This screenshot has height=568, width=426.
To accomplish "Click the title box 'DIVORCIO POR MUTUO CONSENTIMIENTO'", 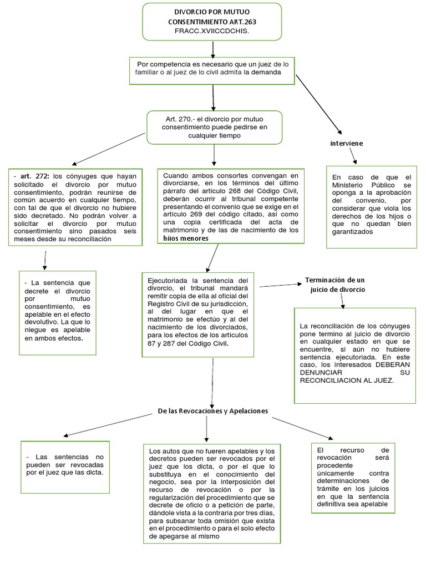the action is (212, 22).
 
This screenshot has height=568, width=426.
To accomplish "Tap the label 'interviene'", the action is (346, 144).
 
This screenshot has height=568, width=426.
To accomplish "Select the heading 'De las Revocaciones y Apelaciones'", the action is (213, 411).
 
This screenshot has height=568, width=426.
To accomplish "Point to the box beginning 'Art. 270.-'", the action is (215, 128).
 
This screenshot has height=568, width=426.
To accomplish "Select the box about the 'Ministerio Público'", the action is (372, 207).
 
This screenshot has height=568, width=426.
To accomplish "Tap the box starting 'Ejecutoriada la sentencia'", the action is (198, 315).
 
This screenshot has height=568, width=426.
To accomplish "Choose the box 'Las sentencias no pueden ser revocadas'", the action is (65, 467).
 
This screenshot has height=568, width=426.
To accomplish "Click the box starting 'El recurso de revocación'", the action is (353, 478).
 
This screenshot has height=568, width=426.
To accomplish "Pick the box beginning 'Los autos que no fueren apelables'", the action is (212, 494).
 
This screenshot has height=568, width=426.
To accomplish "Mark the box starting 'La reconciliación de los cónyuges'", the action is (355, 356).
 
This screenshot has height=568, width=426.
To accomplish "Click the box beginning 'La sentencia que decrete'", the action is (58, 313).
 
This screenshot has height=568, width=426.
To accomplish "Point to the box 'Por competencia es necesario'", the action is (212, 70).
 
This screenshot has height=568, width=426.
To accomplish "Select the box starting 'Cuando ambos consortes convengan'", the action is (231, 206).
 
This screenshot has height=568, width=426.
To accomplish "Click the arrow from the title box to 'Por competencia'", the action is (213, 49).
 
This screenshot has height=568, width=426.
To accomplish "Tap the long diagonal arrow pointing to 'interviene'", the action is (319, 105).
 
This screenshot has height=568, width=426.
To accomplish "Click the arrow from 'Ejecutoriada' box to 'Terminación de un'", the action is (281, 286).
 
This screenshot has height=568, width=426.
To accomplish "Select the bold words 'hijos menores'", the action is (186, 239).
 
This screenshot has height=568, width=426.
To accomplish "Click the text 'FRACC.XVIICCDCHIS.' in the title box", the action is (212, 31).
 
